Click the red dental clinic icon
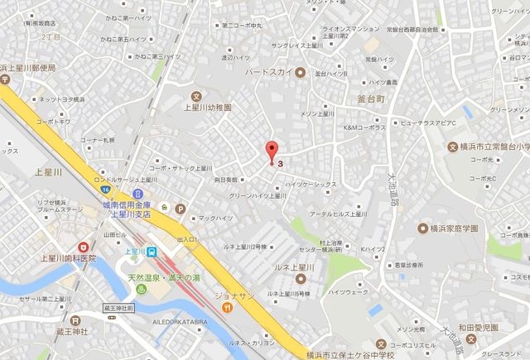click(x=84, y=247)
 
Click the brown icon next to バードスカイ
click(x=301, y=72)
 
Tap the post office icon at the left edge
click(x=3, y=67)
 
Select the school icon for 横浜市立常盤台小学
click(x=453, y=147)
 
